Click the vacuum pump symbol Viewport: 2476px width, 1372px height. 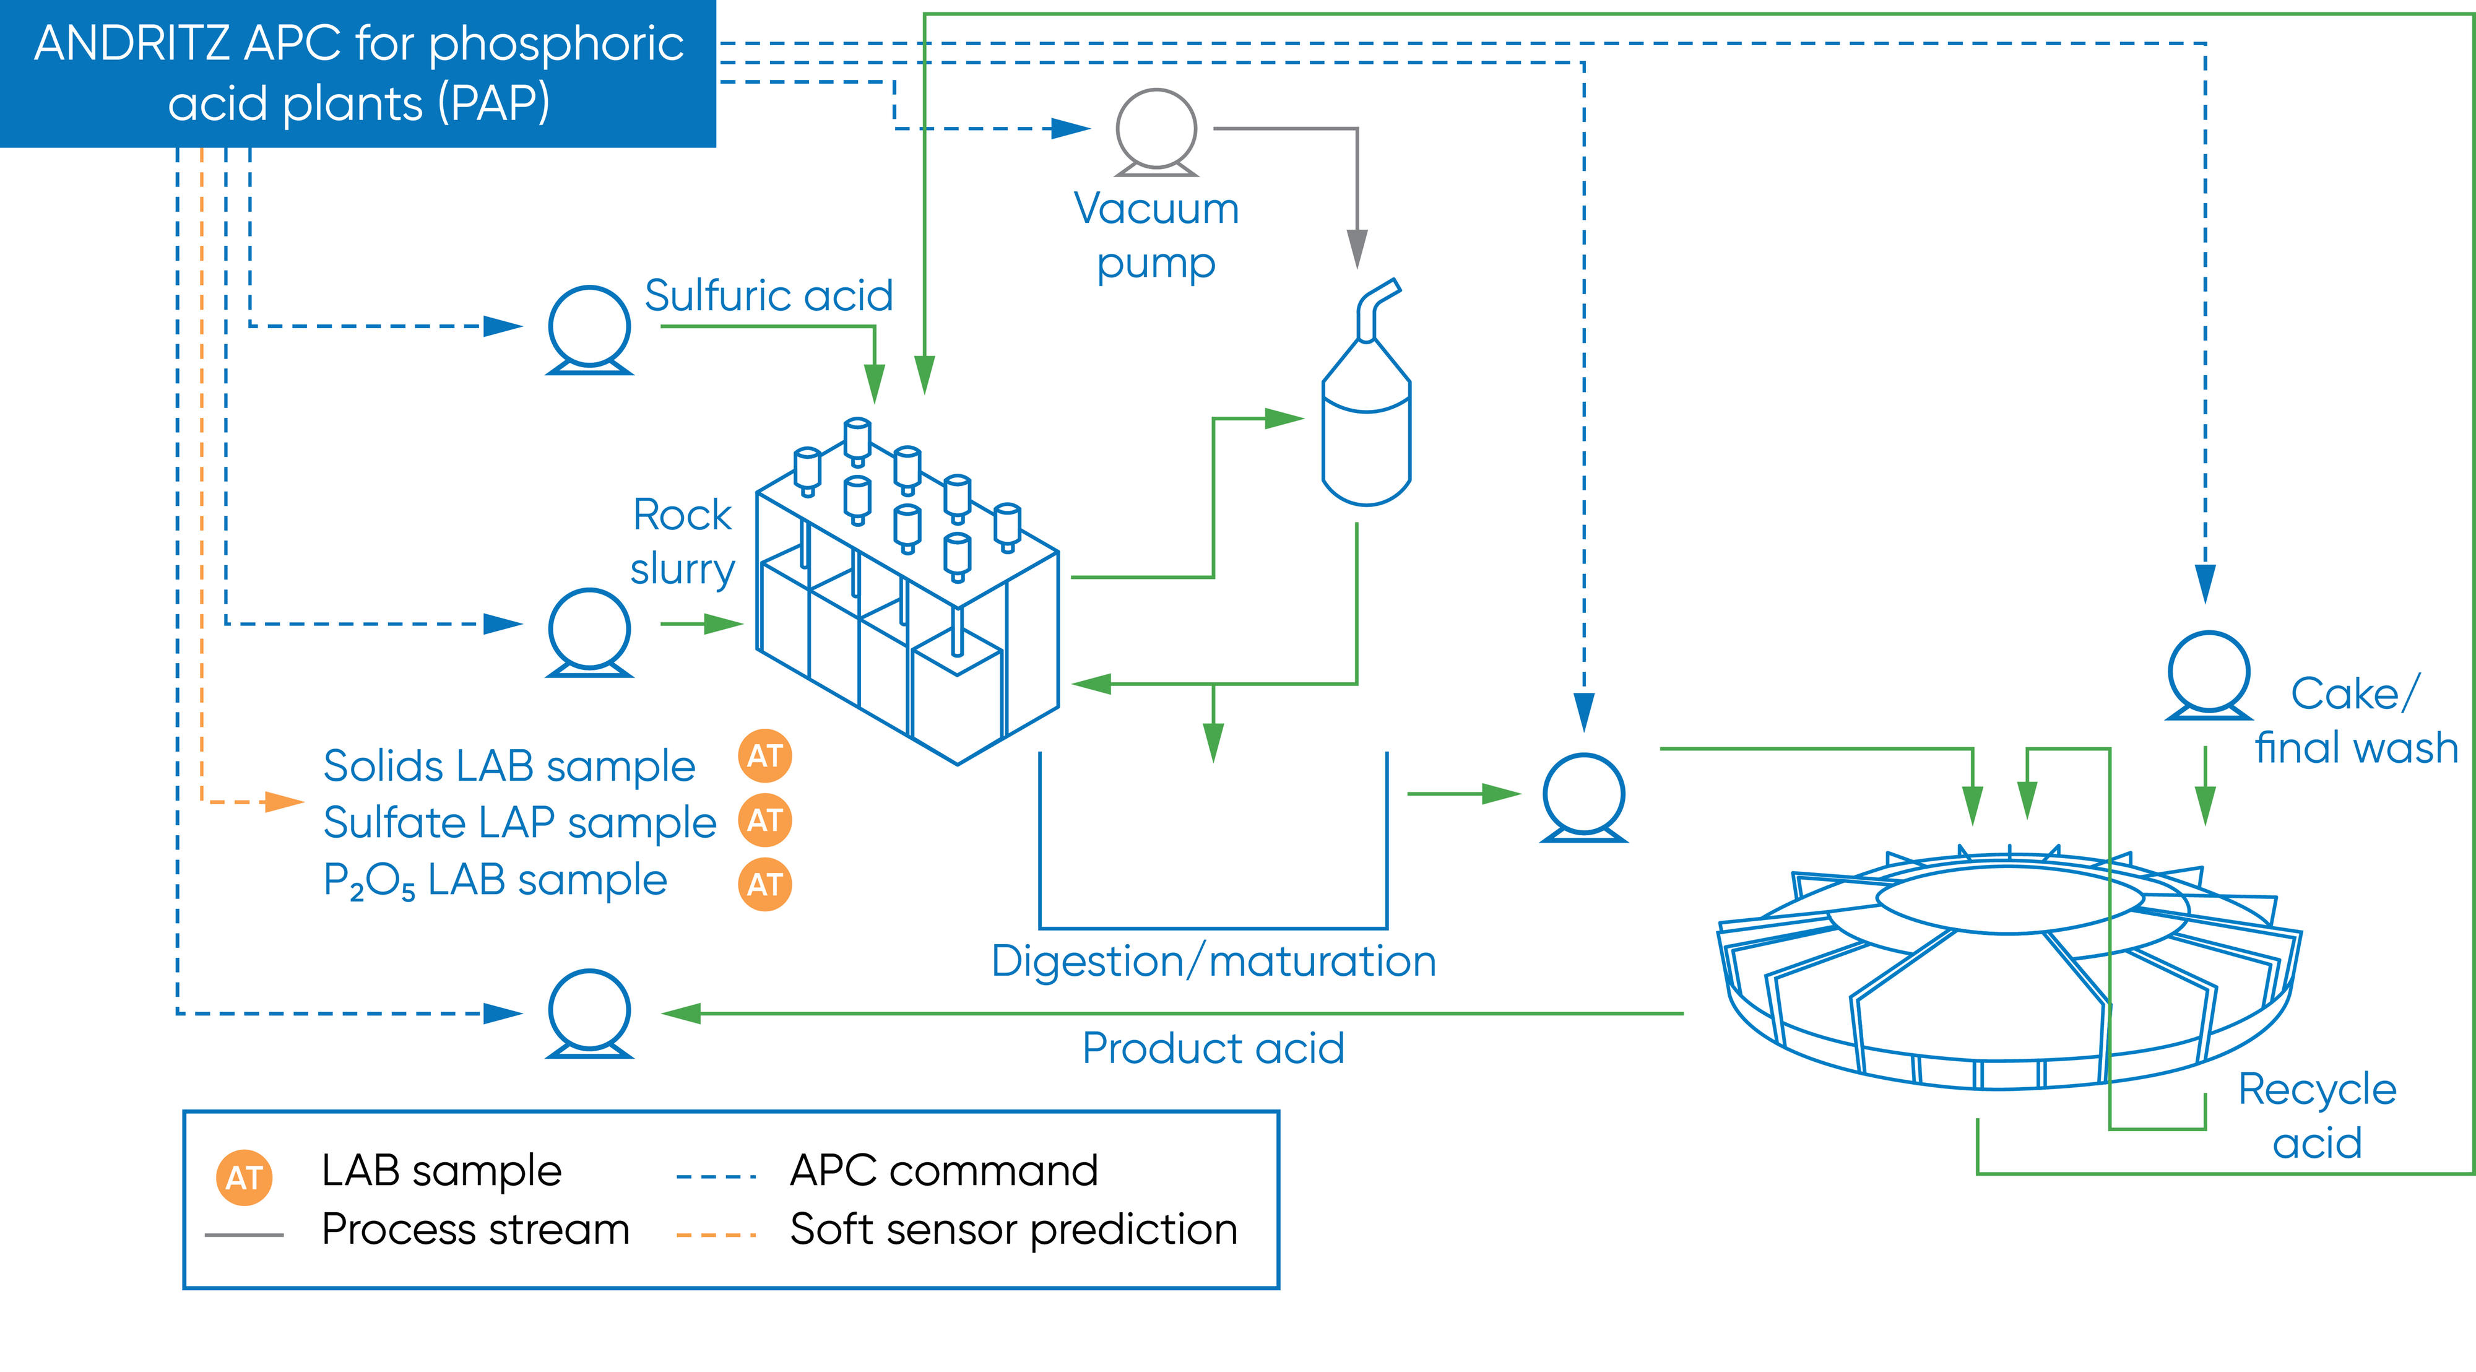point(1156,132)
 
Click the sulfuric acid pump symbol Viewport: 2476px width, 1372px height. point(589,329)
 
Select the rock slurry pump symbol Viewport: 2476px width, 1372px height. point(589,632)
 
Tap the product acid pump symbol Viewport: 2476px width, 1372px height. point(589,1012)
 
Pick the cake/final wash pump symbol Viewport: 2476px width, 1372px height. point(2209,675)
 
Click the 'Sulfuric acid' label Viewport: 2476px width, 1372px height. point(769,295)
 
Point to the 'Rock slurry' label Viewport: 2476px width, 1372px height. point(682,541)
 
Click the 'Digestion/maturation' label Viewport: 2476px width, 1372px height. point(1214,962)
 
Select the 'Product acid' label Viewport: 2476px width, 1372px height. point(1213,1048)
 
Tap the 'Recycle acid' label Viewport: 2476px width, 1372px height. point(2318,1116)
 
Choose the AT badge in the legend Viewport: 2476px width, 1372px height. point(244,1178)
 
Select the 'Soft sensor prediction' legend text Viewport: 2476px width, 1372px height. point(1014,1230)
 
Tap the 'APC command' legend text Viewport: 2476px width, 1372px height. point(944,1171)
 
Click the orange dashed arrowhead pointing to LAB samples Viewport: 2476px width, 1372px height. point(285,801)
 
